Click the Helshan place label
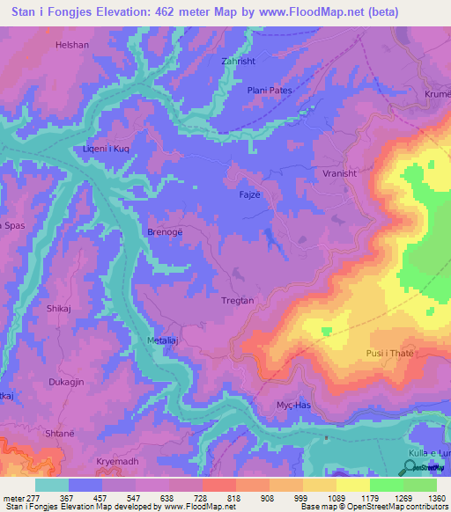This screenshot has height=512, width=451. pos(97,44)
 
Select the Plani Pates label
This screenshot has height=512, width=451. pos(269,91)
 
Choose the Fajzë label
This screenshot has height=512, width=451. pos(250,193)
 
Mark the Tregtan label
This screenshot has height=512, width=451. pos(237,301)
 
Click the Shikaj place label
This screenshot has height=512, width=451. pos(60,309)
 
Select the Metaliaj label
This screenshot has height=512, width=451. pos(163,340)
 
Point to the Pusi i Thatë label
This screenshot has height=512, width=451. pos(389,353)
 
